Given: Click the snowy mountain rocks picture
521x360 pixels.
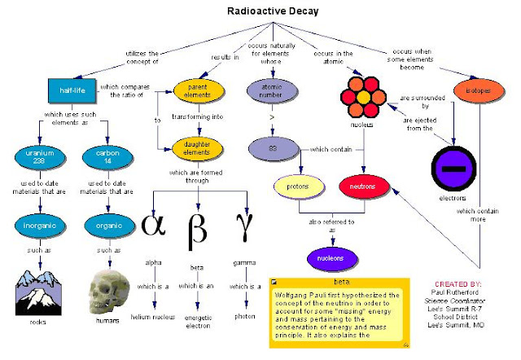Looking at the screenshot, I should [x=41, y=289].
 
